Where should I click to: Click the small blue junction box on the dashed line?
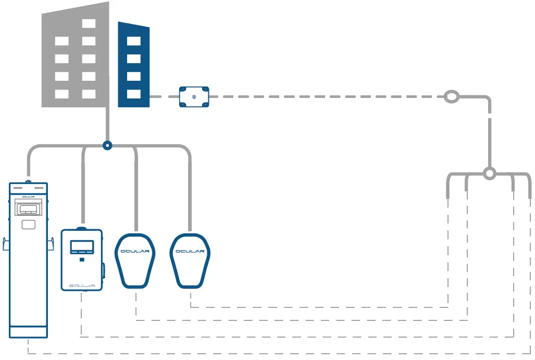tap(194, 97)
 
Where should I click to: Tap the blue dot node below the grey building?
tap(107, 146)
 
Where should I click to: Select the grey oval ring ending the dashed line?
tap(452, 97)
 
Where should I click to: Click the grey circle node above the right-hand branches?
tap(489, 173)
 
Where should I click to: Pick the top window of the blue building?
tap(134, 41)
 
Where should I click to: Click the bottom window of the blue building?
tap(134, 94)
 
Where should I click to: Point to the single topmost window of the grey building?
tap(89, 23)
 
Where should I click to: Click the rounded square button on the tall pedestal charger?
tap(29, 225)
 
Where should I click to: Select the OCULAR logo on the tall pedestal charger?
tap(29, 196)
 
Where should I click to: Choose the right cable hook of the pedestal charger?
tap(51, 244)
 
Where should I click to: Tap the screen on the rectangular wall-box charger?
tap(82, 247)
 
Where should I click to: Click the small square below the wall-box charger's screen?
tap(82, 259)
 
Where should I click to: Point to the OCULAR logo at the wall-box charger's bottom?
tap(82, 285)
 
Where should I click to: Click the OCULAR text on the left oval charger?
tap(135, 252)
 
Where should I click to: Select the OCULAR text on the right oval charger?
tap(191, 252)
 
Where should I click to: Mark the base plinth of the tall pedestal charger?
tap(29, 331)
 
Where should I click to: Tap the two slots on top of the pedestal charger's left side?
tap(18, 187)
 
